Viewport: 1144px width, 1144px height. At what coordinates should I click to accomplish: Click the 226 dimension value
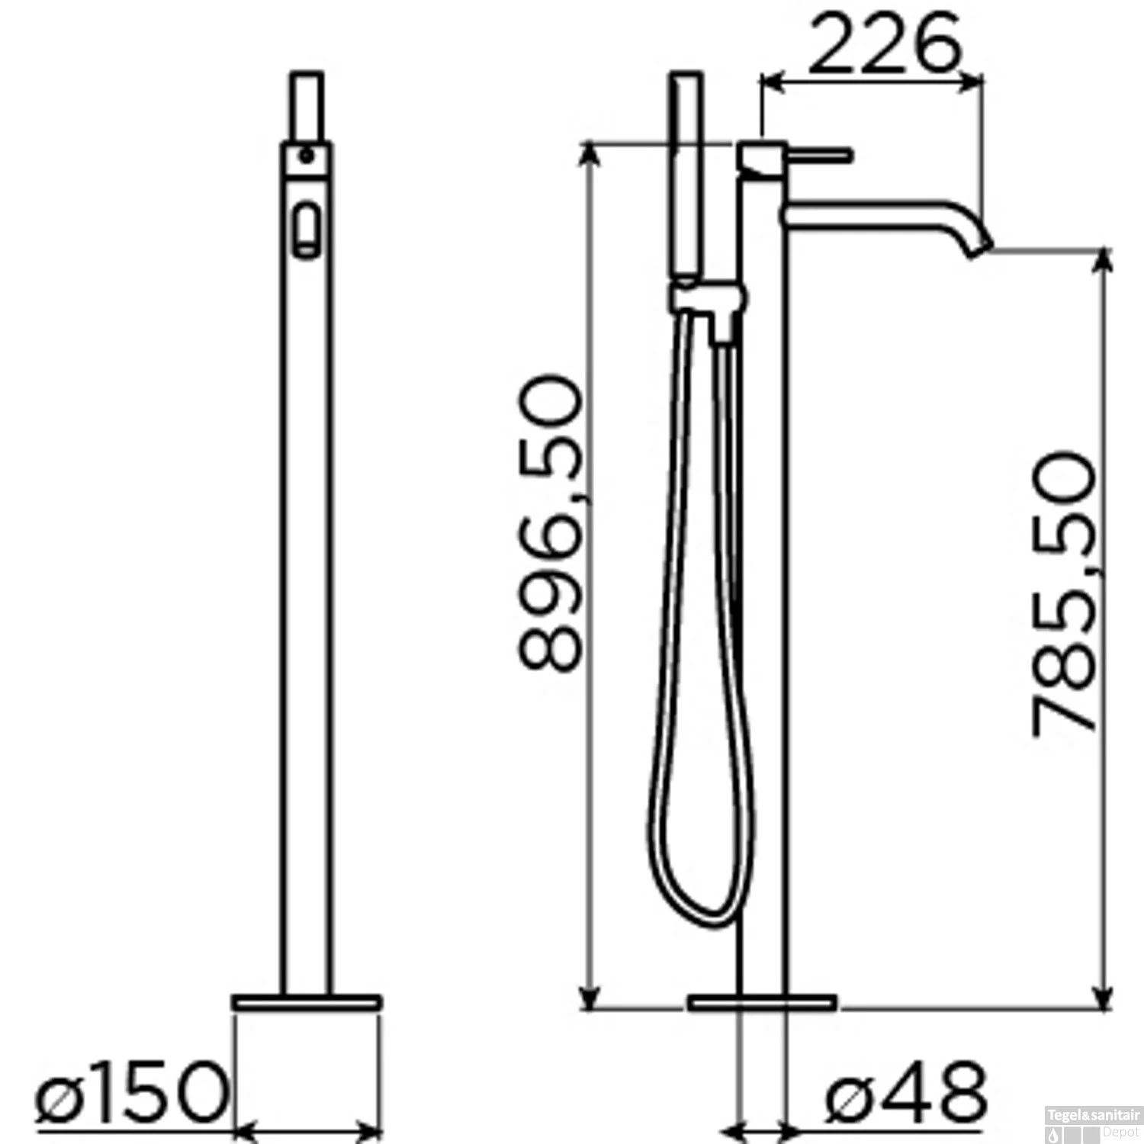click(882, 43)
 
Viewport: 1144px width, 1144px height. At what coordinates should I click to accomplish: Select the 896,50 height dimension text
click(551, 522)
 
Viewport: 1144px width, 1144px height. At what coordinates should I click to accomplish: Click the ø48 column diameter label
click(906, 1096)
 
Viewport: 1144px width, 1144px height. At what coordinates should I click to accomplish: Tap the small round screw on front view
click(306, 156)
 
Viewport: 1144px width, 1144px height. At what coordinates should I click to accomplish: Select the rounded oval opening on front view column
click(307, 228)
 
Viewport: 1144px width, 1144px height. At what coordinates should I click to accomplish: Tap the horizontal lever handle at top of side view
click(820, 155)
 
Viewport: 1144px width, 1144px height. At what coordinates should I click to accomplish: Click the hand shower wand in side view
click(685, 175)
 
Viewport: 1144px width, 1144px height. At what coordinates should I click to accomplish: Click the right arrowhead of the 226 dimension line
click(975, 83)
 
